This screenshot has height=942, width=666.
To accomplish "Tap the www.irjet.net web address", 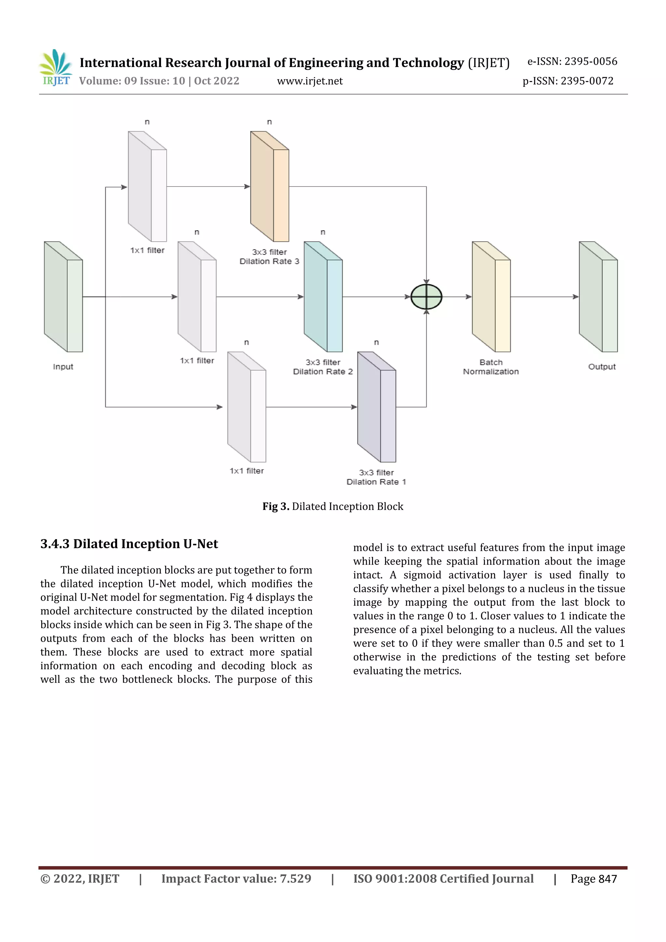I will tap(310, 81).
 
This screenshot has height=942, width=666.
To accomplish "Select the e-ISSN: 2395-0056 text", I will tap(572, 61).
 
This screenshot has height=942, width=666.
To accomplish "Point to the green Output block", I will tap(598, 297).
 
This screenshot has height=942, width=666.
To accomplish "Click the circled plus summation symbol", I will tap(426, 297).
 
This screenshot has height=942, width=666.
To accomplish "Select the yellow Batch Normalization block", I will tap(491, 297).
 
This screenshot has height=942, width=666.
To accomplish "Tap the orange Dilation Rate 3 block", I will tap(270, 187).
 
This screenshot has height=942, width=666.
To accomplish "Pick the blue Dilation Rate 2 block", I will tap(323, 297).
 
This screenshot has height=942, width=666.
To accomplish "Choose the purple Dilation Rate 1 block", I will tap(376, 407).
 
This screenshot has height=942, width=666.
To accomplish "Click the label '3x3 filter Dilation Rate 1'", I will tap(376, 477).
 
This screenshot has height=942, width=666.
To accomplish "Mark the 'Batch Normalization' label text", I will tap(491, 367).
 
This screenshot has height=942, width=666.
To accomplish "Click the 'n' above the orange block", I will tap(269, 122).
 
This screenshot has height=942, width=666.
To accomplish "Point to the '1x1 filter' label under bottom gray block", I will tap(246, 471).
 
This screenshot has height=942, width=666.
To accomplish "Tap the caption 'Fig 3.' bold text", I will tap(276, 507).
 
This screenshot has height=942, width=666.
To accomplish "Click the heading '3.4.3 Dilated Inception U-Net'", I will tap(129, 544).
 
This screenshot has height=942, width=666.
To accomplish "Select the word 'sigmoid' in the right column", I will tap(422, 575).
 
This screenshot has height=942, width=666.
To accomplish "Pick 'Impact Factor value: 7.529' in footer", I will tap(236, 879).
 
